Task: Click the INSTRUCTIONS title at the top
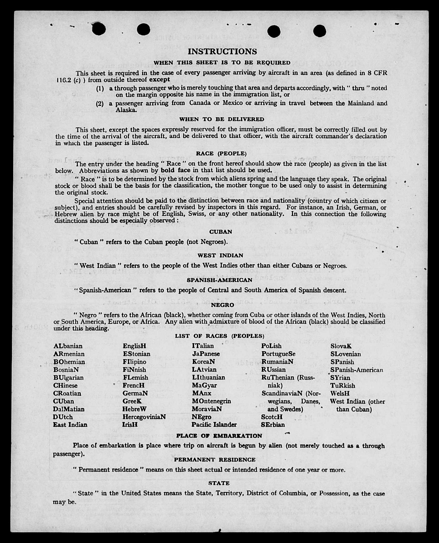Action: [222, 51]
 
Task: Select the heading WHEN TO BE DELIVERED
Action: [222, 119]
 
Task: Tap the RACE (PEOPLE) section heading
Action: [221, 154]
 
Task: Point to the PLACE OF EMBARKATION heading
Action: [219, 436]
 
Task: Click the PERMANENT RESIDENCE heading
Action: [215, 460]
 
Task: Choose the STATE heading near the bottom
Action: [219, 483]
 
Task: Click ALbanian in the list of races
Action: [68, 346]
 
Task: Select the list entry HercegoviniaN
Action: [144, 417]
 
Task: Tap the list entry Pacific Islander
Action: [214, 425]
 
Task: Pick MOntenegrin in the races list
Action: [211, 401]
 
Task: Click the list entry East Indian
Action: [70, 425]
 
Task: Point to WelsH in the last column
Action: [340, 393]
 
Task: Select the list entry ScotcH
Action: [272, 417]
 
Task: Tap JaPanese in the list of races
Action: [206, 354]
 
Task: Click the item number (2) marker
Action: [100, 104]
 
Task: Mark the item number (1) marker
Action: [100, 89]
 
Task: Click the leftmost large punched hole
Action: [99, 29]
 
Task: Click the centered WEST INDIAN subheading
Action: [220, 255]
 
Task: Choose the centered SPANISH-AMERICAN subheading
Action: [219, 280]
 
